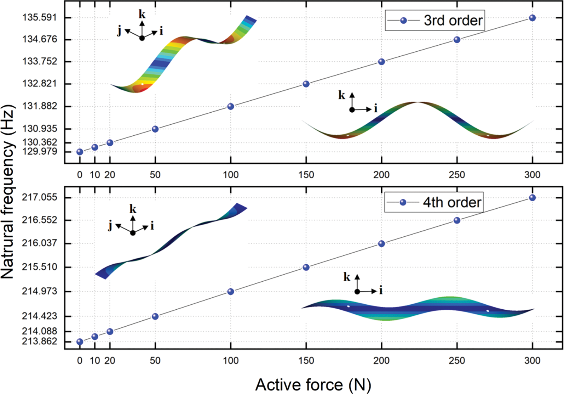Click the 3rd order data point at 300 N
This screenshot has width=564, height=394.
pos(532,18)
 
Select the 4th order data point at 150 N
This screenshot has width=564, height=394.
pos(306,267)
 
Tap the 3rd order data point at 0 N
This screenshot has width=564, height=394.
pos(80,152)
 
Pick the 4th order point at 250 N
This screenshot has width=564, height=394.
pos(457,220)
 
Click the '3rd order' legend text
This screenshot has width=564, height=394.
pos(453,21)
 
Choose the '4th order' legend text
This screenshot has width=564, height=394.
pos(452,202)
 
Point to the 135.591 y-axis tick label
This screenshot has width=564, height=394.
pos(39,17)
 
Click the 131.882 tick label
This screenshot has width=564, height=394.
pos(39,106)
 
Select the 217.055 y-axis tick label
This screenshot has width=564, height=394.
pos(39,197)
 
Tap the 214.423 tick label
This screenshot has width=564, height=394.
pos(39,316)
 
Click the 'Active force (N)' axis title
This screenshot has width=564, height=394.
pos(313,384)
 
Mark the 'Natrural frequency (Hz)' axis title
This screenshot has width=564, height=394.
pos(8,191)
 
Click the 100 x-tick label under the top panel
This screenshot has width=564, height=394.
pos(231,175)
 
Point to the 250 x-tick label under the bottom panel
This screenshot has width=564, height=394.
pos(457,361)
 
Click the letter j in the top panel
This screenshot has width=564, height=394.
pos(120,31)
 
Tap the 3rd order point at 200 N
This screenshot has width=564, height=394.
pos(381,62)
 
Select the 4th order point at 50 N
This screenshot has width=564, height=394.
pos(155,316)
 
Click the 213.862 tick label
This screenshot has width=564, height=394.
pos(39,341)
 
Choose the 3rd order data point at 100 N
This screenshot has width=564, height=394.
pos(231,106)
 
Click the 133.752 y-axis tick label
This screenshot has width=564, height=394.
pos(39,61)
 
